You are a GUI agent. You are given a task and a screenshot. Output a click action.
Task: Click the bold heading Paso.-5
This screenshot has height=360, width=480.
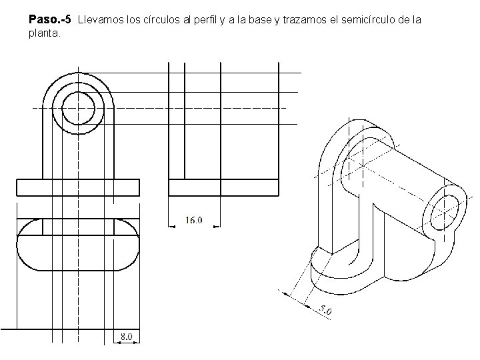[x=49, y=19]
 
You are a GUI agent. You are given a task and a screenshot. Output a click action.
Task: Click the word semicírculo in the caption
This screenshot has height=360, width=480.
[x=368, y=20]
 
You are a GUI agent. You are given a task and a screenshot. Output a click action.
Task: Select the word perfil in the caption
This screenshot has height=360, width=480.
[x=205, y=20]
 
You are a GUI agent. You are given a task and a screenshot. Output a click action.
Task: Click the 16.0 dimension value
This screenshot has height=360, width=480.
[x=194, y=220]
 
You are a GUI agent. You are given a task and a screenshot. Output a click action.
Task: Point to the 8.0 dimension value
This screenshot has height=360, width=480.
[x=126, y=337]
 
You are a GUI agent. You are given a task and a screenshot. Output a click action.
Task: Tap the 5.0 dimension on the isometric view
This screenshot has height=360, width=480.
[x=325, y=310]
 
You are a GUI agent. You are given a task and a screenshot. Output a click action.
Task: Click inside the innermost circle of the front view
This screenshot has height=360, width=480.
[x=79, y=109]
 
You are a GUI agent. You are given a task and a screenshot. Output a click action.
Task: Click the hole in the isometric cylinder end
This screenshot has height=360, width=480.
[x=445, y=213]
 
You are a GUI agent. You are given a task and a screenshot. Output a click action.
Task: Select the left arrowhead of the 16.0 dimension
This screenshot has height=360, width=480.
[x=172, y=227]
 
